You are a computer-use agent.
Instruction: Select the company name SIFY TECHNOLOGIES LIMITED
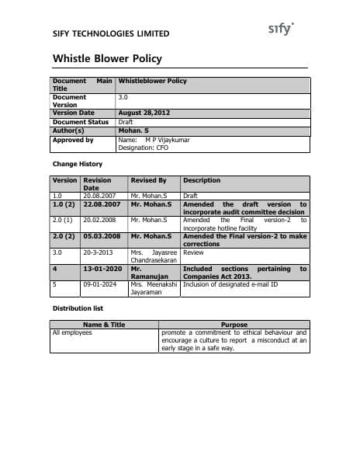pos(111,34)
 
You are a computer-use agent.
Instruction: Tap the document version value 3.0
pos(123,97)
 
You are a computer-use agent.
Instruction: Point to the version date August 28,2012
pos(144,113)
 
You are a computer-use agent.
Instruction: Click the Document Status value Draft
pos(126,122)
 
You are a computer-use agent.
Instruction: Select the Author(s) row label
pos(67,130)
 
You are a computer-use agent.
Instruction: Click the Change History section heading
pos(77,164)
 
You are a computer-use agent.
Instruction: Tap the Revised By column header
pos(148,180)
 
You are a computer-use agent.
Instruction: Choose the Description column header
pos(202,180)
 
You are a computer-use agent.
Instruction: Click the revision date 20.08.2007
pos(99,196)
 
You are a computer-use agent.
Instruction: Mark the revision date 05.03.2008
pos(102,235)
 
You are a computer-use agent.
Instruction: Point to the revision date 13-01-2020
pos(102,269)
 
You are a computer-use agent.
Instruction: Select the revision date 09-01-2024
pos(99,285)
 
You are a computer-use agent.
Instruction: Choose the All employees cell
pos(71,332)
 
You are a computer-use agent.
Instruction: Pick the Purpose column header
pos(234,325)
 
